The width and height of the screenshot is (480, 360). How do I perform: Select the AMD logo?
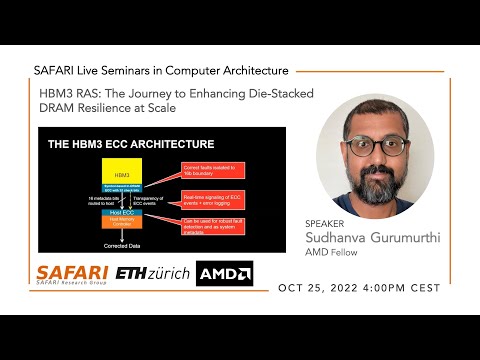pos(225,273)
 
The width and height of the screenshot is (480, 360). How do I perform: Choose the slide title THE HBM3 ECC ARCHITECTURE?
pos(130,144)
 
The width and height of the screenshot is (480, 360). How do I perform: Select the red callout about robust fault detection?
pos(211,226)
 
